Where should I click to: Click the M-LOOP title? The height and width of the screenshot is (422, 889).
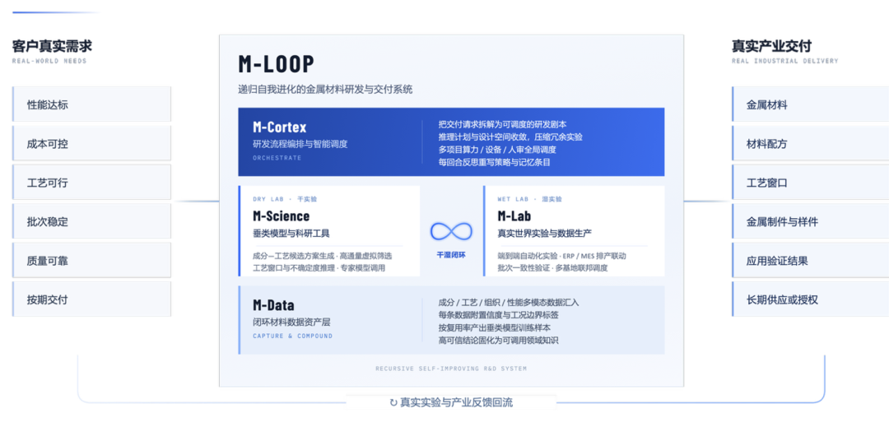tap(276, 64)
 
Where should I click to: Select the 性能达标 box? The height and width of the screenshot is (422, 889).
tap(92, 104)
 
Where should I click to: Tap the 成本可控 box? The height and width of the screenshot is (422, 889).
tap(92, 143)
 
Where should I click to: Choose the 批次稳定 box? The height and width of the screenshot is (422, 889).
tap(92, 221)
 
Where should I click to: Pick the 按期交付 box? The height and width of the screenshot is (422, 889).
tap(92, 299)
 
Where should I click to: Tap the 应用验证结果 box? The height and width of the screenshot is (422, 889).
tap(810, 261)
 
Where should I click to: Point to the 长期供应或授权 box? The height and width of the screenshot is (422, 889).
tap(810, 299)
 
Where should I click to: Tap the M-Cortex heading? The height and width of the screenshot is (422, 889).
tap(280, 127)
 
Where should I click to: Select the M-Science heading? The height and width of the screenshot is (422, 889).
tap(282, 216)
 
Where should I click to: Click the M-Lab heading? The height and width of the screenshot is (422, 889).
tap(514, 216)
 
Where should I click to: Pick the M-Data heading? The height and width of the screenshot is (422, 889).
tap(273, 305)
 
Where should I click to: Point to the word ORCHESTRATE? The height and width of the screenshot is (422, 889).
tap(277, 158)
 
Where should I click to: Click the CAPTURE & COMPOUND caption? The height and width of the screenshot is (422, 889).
tap(292, 336)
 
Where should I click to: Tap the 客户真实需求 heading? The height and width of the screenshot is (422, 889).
tap(52, 46)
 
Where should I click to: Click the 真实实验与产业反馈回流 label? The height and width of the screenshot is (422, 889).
tap(451, 402)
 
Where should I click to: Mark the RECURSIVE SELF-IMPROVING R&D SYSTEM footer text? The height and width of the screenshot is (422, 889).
tap(451, 369)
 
